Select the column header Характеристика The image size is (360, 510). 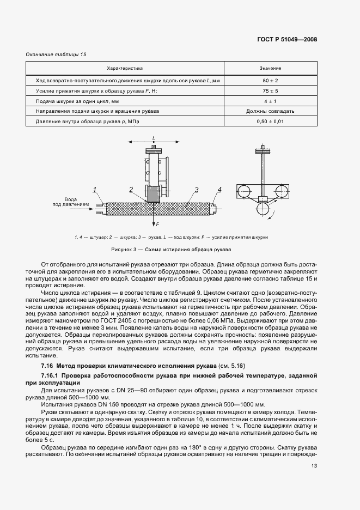124,69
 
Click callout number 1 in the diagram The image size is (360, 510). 94,189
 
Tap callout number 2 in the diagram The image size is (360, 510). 131,189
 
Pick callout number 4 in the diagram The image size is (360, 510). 219,189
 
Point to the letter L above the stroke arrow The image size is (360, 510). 154,137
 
